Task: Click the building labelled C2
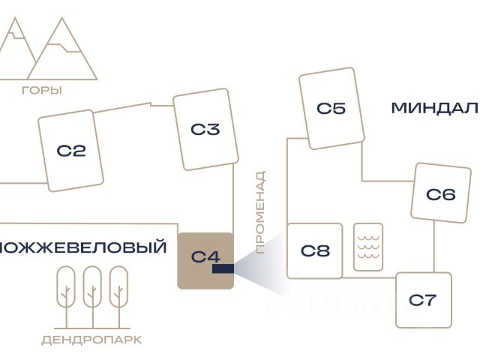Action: point(71,150)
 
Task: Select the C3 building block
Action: point(205,129)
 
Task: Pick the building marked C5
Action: point(331,108)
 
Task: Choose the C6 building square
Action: point(439,193)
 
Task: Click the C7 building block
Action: point(423,300)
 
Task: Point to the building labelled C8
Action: point(315,250)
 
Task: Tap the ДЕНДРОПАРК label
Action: point(91,340)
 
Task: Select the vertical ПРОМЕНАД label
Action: point(260,212)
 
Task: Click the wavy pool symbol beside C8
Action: point(368,247)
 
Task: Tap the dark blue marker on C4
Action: point(223,268)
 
